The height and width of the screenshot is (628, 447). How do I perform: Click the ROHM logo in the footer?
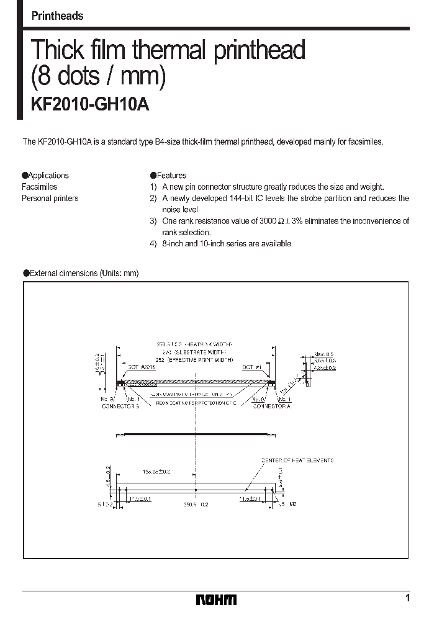216,599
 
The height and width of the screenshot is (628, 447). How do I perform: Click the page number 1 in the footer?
407,598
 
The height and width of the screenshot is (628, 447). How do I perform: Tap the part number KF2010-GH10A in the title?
90,104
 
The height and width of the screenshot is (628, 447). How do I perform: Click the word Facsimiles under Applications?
39,187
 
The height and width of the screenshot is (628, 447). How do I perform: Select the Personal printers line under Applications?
50,199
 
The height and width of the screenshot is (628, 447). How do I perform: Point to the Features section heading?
168,176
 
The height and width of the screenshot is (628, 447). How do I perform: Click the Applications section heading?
45,176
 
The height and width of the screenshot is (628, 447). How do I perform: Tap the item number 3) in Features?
153,221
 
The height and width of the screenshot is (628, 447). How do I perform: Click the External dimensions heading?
81,273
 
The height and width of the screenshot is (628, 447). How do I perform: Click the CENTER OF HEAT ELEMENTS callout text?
297,460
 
